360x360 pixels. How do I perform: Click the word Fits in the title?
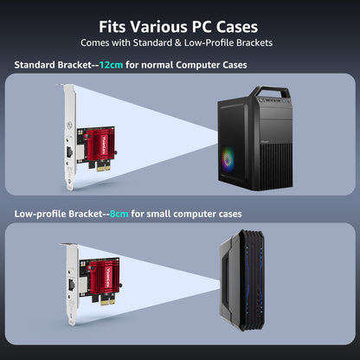(x=112, y=27)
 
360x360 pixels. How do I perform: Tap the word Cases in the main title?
(x=237, y=27)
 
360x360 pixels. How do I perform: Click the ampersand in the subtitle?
(x=178, y=42)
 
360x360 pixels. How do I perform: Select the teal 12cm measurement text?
(x=111, y=65)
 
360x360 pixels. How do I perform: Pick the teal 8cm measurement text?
(x=119, y=214)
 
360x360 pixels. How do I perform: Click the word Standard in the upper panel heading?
(x=35, y=65)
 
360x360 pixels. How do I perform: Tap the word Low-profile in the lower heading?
(x=40, y=214)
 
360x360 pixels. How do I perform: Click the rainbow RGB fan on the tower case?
(x=228, y=159)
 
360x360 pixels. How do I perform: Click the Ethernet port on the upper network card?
(x=70, y=151)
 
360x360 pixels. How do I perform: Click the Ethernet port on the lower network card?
(x=71, y=285)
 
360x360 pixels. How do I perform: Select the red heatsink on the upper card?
(x=100, y=145)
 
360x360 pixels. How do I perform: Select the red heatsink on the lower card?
(x=105, y=277)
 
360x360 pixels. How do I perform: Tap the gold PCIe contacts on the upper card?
(x=103, y=166)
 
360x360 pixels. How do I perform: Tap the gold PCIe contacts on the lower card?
(x=108, y=300)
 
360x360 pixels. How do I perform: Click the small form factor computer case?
(x=242, y=280)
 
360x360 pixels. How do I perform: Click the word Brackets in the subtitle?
(x=254, y=42)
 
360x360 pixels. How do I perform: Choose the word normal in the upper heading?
(x=157, y=65)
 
